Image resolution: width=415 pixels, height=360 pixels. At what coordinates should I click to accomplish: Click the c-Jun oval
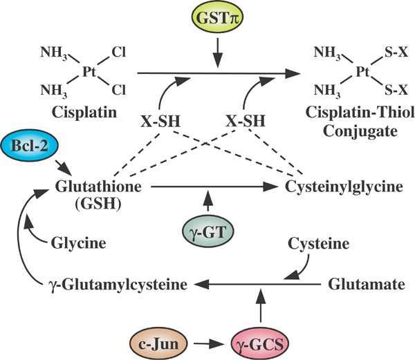pyautogui.click(x=155, y=341)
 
